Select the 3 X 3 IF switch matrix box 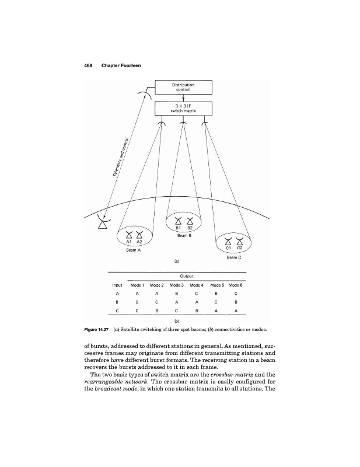coord(183,109)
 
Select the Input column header coord(117,285)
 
